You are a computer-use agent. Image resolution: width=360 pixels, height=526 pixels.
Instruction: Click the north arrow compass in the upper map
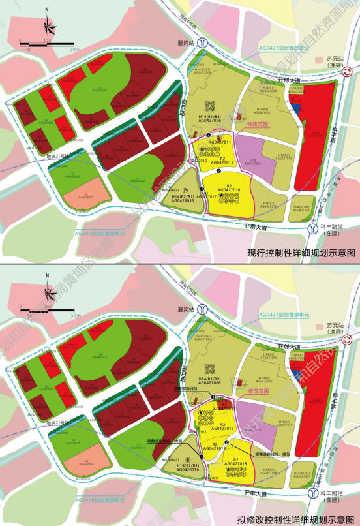click(x=48, y=24)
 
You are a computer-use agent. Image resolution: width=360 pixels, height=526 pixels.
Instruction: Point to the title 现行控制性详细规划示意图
click(x=301, y=251)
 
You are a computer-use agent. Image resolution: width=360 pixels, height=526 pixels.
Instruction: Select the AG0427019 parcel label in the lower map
click(x=216, y=449)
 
